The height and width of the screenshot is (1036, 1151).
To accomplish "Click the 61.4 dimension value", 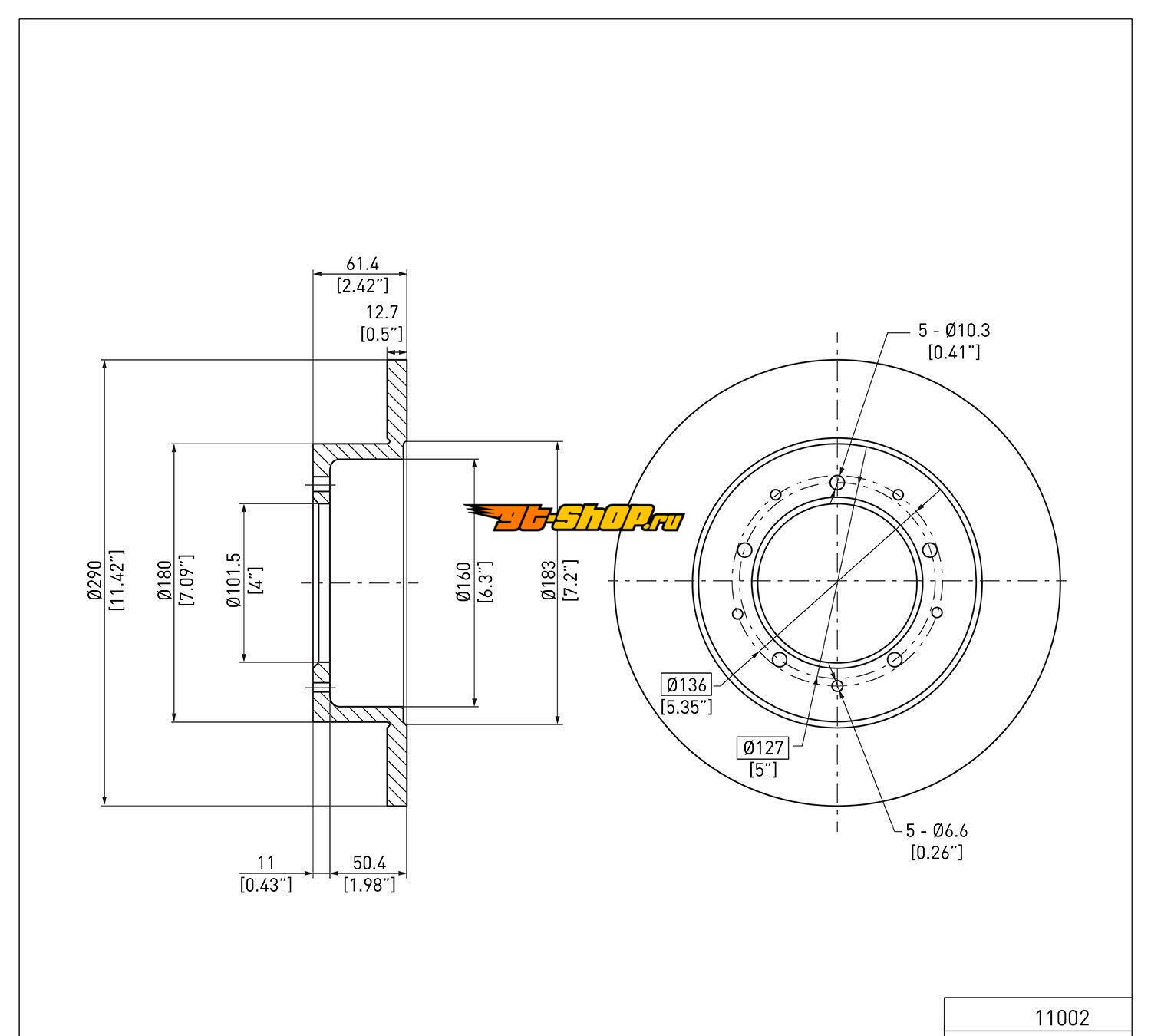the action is pyautogui.click(x=362, y=264).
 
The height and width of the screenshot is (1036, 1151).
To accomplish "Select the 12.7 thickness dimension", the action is pyautogui.click(x=382, y=312).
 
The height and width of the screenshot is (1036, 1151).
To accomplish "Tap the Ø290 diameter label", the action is pyautogui.click(x=94, y=580).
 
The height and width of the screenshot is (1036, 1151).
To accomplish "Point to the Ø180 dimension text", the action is pyautogui.click(x=164, y=580).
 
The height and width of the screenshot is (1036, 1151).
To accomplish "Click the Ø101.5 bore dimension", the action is pyautogui.click(x=233, y=580).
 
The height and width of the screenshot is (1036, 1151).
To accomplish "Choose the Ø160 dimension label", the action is pyautogui.click(x=463, y=582).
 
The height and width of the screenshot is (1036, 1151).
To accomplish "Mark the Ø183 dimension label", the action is pyautogui.click(x=549, y=580).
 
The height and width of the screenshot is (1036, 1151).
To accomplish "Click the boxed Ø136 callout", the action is pyautogui.click(x=686, y=685).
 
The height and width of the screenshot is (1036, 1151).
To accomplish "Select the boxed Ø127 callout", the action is pyautogui.click(x=763, y=747).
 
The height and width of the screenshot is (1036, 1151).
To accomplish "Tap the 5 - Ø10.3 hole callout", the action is pyautogui.click(x=955, y=330).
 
